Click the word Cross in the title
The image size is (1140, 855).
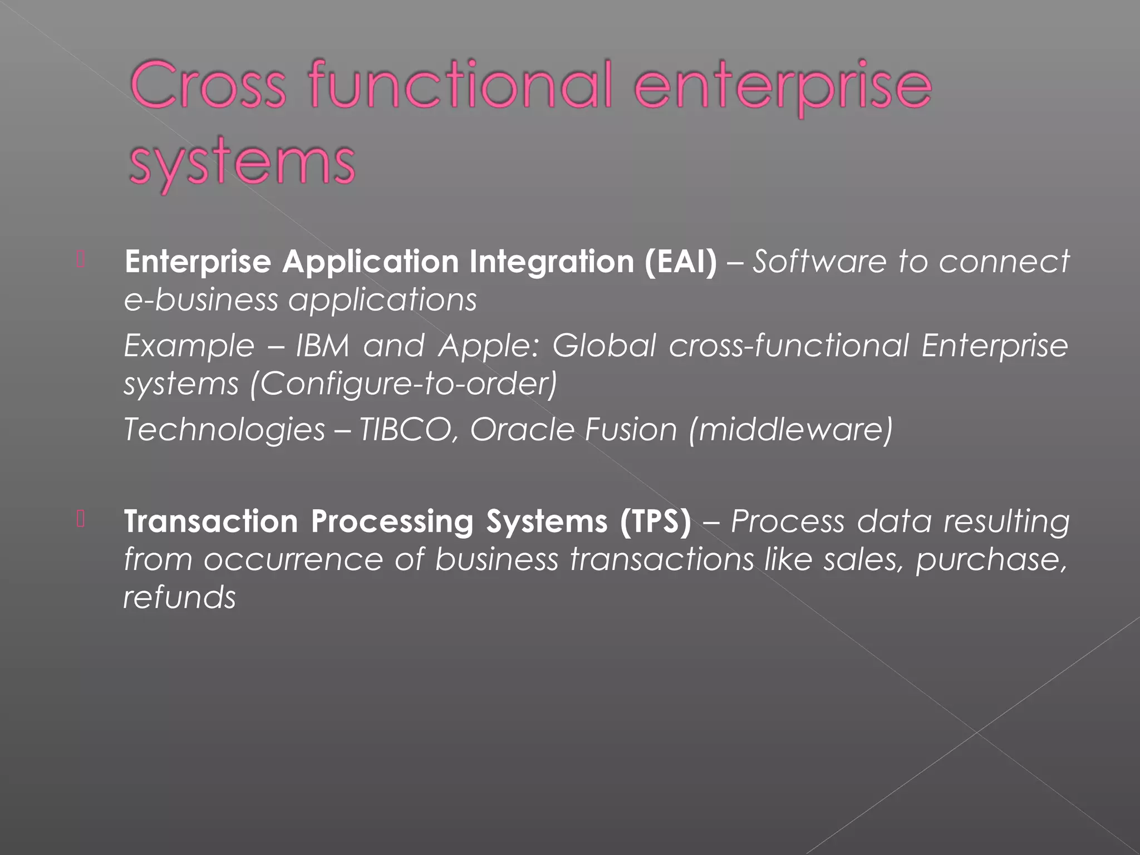pyautogui.click(x=208, y=87)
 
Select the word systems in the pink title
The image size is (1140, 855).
pyautogui.click(x=242, y=163)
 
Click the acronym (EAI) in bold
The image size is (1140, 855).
pyautogui.click(x=681, y=261)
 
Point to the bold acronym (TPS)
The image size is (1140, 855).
pyautogui.click(x=656, y=522)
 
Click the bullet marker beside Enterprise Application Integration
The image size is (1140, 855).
pyautogui.click(x=81, y=260)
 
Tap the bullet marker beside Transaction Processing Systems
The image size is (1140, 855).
pyautogui.click(x=81, y=520)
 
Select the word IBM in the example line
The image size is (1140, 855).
pyautogui.click(x=322, y=346)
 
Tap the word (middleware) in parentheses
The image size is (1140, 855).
pyautogui.click(x=790, y=430)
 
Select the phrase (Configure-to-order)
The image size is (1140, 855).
pyautogui.click(x=404, y=384)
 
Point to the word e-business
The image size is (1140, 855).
pyautogui.click(x=200, y=300)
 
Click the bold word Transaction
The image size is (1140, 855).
pyautogui.click(x=211, y=522)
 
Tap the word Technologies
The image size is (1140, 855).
pyautogui.click(x=224, y=430)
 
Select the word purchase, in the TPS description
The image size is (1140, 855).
pyautogui.click(x=991, y=560)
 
